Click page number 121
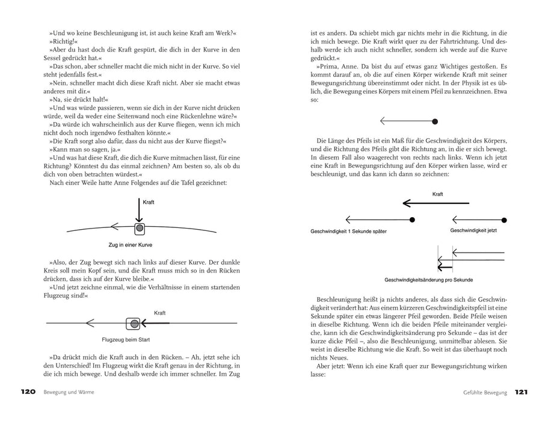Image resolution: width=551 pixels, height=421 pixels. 521,392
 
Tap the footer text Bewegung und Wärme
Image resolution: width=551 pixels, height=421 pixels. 69,392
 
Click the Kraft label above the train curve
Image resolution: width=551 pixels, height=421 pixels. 148,203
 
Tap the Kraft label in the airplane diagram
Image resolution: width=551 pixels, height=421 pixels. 160,313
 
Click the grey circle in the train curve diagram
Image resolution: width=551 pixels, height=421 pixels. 139,228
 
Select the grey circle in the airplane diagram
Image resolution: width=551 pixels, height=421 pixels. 133,324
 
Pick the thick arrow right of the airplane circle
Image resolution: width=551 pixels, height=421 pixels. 157,324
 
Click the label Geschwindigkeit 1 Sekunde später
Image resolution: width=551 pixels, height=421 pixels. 349,231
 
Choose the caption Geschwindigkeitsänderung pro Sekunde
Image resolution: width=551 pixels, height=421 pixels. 429,280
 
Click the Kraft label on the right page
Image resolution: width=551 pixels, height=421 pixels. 438,194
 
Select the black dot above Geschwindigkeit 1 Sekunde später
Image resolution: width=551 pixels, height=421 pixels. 411,220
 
